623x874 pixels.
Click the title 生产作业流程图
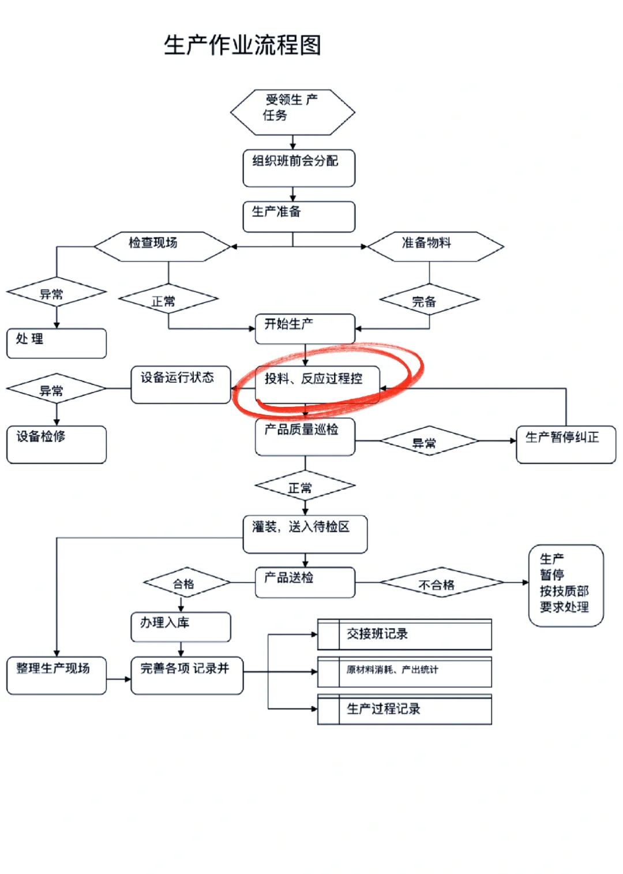pyautogui.click(x=242, y=45)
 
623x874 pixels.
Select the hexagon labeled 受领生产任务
pyautogui.click(x=292, y=112)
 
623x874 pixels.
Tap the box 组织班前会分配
pyautogui.click(x=299, y=168)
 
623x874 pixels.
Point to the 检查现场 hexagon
pyautogui.click(x=162, y=246)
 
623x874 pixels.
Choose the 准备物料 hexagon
pyautogui.click(x=435, y=246)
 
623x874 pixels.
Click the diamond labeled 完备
pyautogui.click(x=429, y=300)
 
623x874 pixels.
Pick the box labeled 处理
pyautogui.click(x=57, y=343)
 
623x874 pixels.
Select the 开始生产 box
pyautogui.click(x=305, y=328)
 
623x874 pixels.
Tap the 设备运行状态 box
pyautogui.click(x=181, y=384)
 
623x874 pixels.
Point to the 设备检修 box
pyautogui.click(x=57, y=444)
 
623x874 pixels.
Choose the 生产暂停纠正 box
pyautogui.click(x=565, y=444)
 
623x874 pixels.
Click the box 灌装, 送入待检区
pyautogui.click(x=305, y=534)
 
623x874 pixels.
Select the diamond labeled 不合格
pyautogui.click(x=441, y=583)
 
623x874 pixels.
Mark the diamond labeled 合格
pyautogui.click(x=186, y=583)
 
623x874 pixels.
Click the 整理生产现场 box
pyautogui.click(x=57, y=675)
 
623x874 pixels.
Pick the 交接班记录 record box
pyautogui.click(x=404, y=634)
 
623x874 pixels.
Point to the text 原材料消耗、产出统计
pyautogui.click(x=392, y=670)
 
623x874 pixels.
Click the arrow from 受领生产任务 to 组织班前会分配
pyautogui.click(x=292, y=143)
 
